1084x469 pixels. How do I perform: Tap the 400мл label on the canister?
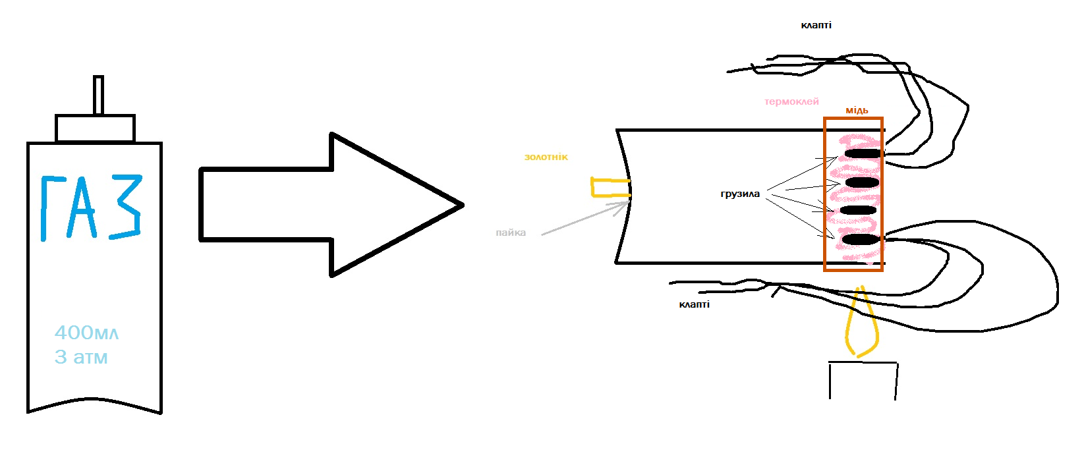86,333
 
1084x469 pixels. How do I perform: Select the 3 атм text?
81,357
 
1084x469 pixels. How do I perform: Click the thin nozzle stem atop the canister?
98,96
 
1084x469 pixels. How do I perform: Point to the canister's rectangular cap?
96,128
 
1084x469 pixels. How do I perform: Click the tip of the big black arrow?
463,205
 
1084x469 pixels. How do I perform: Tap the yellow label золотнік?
546,157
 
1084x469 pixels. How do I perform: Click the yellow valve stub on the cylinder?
610,188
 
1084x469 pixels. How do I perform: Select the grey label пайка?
511,233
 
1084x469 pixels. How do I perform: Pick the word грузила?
740,194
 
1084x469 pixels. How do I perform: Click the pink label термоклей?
791,101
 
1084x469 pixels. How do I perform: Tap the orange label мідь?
857,111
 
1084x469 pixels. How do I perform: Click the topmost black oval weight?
863,153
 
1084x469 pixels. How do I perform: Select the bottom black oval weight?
861,239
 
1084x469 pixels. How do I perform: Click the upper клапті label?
816,25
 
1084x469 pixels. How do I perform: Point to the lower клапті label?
694,304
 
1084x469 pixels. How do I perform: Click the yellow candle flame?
861,322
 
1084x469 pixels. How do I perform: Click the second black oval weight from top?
862,182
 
